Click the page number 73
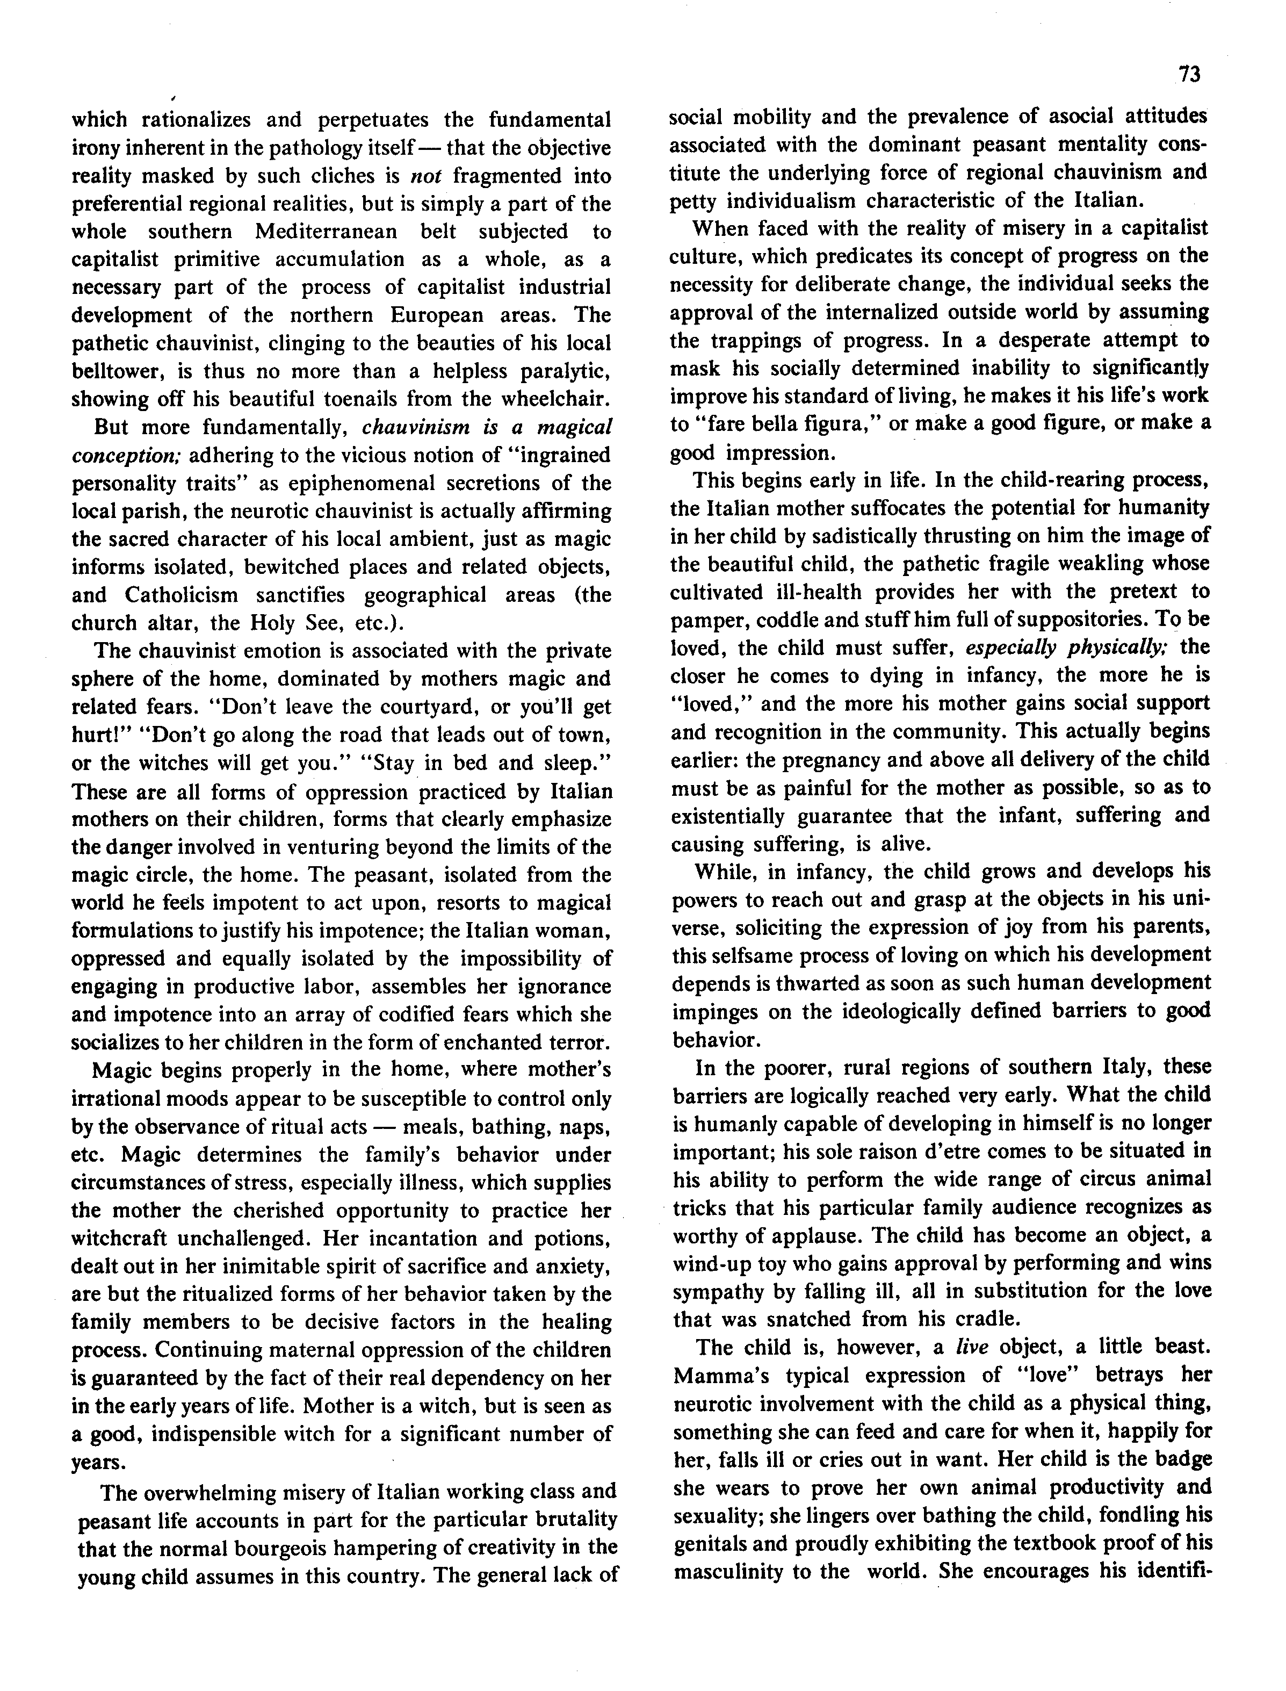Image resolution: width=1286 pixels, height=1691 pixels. tap(1189, 74)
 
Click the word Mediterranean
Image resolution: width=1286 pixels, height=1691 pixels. tap(326, 231)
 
